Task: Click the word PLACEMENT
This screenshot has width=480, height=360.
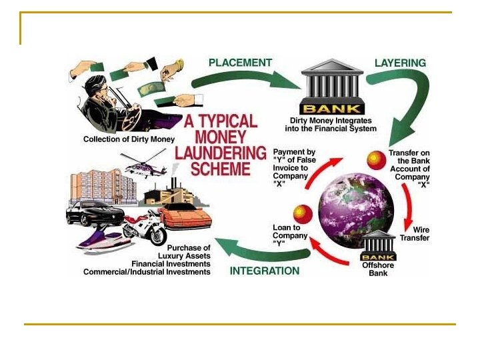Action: coord(240,63)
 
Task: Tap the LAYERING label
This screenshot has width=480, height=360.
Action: coord(400,63)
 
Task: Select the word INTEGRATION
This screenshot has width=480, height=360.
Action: coord(265,271)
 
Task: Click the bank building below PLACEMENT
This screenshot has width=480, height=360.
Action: coord(332,86)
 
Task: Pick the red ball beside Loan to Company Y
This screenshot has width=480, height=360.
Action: coord(303,213)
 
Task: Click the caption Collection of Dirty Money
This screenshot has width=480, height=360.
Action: coord(129,139)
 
